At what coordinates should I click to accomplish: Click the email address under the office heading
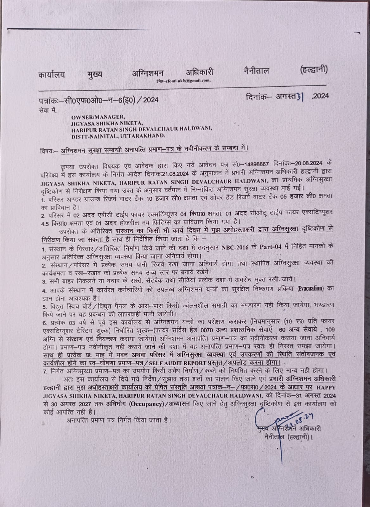183,81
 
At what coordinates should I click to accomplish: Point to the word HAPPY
327,387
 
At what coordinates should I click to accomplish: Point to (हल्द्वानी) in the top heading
313,69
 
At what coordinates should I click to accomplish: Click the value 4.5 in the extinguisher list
46,223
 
